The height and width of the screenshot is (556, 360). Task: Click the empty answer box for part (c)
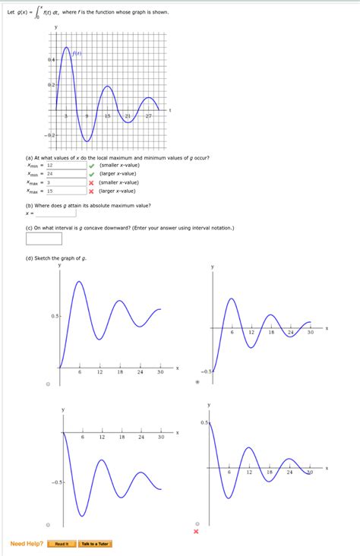tap(44, 239)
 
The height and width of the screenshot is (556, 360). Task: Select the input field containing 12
tap(65, 165)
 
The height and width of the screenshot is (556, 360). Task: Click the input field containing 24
tap(65, 174)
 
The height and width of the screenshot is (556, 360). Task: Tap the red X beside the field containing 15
tap(91, 191)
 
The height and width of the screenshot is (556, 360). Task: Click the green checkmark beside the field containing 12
tap(91, 165)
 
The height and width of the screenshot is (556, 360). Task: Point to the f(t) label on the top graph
tap(77, 54)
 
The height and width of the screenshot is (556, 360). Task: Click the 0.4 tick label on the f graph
tap(51, 59)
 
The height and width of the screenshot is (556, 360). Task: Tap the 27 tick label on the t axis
tap(149, 115)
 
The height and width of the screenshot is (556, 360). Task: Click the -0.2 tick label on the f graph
tap(50, 134)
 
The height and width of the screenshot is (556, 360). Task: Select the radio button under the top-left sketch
tap(47, 383)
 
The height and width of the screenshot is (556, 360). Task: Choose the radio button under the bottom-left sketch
tap(47, 524)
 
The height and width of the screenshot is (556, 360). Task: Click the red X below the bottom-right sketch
tap(196, 532)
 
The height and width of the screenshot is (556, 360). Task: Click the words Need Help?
tap(27, 544)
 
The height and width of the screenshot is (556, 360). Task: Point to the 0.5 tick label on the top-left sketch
tap(55, 315)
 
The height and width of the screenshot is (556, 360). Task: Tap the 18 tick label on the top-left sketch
tap(120, 372)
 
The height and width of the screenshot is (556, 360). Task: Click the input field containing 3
tap(65, 182)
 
